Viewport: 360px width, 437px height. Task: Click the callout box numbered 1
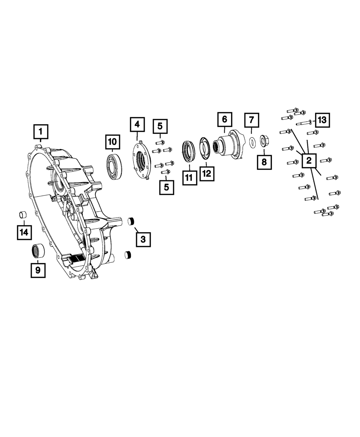41,132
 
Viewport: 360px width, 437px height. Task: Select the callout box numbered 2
309,161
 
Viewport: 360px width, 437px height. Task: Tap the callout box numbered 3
143,239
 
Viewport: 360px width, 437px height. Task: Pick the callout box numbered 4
137,125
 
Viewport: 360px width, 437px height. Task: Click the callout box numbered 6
224,119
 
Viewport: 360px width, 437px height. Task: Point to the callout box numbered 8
264,162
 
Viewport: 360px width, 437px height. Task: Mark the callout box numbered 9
38,269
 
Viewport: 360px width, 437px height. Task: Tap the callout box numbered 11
189,177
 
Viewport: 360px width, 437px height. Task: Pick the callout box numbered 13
322,120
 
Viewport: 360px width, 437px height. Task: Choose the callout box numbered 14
24,232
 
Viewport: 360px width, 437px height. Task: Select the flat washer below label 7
252,141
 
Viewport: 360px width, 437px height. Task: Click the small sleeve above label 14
23,215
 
